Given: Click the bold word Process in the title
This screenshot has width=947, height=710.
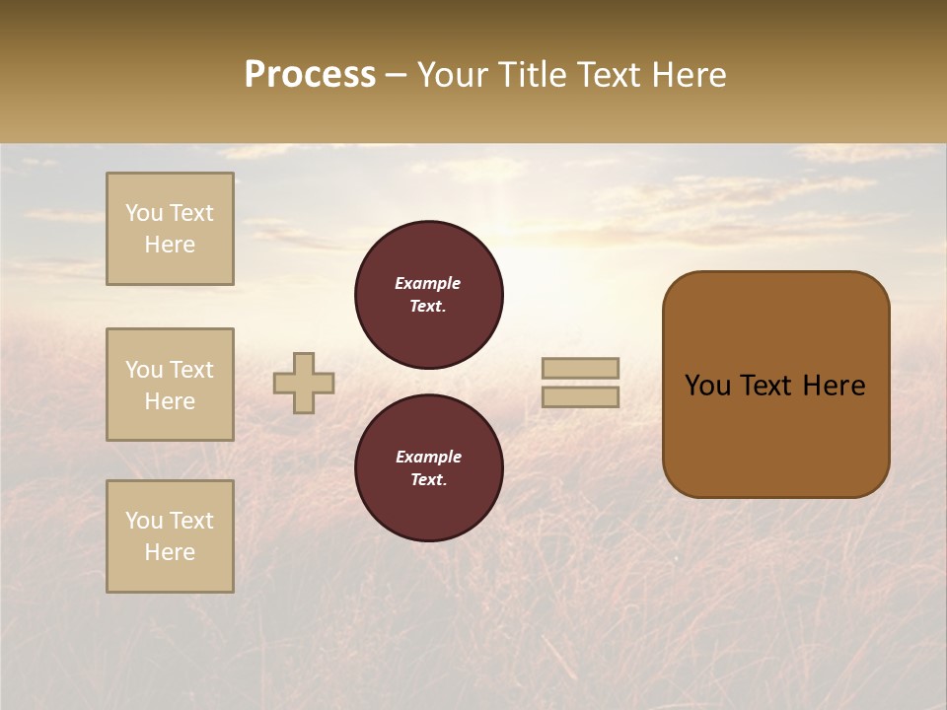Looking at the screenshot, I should pos(310,75).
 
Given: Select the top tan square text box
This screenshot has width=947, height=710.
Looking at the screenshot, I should pos(170,229).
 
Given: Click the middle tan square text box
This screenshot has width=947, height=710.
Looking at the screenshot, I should pos(170,385).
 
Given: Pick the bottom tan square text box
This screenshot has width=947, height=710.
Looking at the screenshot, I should pos(170,536).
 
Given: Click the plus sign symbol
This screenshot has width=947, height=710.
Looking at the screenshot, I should pos(304,383).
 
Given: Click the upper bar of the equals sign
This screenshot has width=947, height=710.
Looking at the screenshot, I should pos(581,368).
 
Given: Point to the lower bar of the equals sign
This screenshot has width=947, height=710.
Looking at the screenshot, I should pos(581,396).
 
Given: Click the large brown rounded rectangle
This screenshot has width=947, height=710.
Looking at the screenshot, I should pos(775,434).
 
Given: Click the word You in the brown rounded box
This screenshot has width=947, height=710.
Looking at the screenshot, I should pos(707,386).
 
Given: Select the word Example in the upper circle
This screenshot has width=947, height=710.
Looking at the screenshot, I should pos(428,283).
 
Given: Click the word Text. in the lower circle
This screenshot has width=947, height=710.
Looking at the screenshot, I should pos(428,480).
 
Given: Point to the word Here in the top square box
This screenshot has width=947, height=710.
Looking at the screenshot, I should pos(170,245).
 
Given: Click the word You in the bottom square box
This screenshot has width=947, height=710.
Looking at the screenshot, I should pos(144,521).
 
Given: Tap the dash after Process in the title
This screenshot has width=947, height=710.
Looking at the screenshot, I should pos(396,75).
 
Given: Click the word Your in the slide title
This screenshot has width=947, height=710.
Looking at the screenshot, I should pos(454,75).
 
